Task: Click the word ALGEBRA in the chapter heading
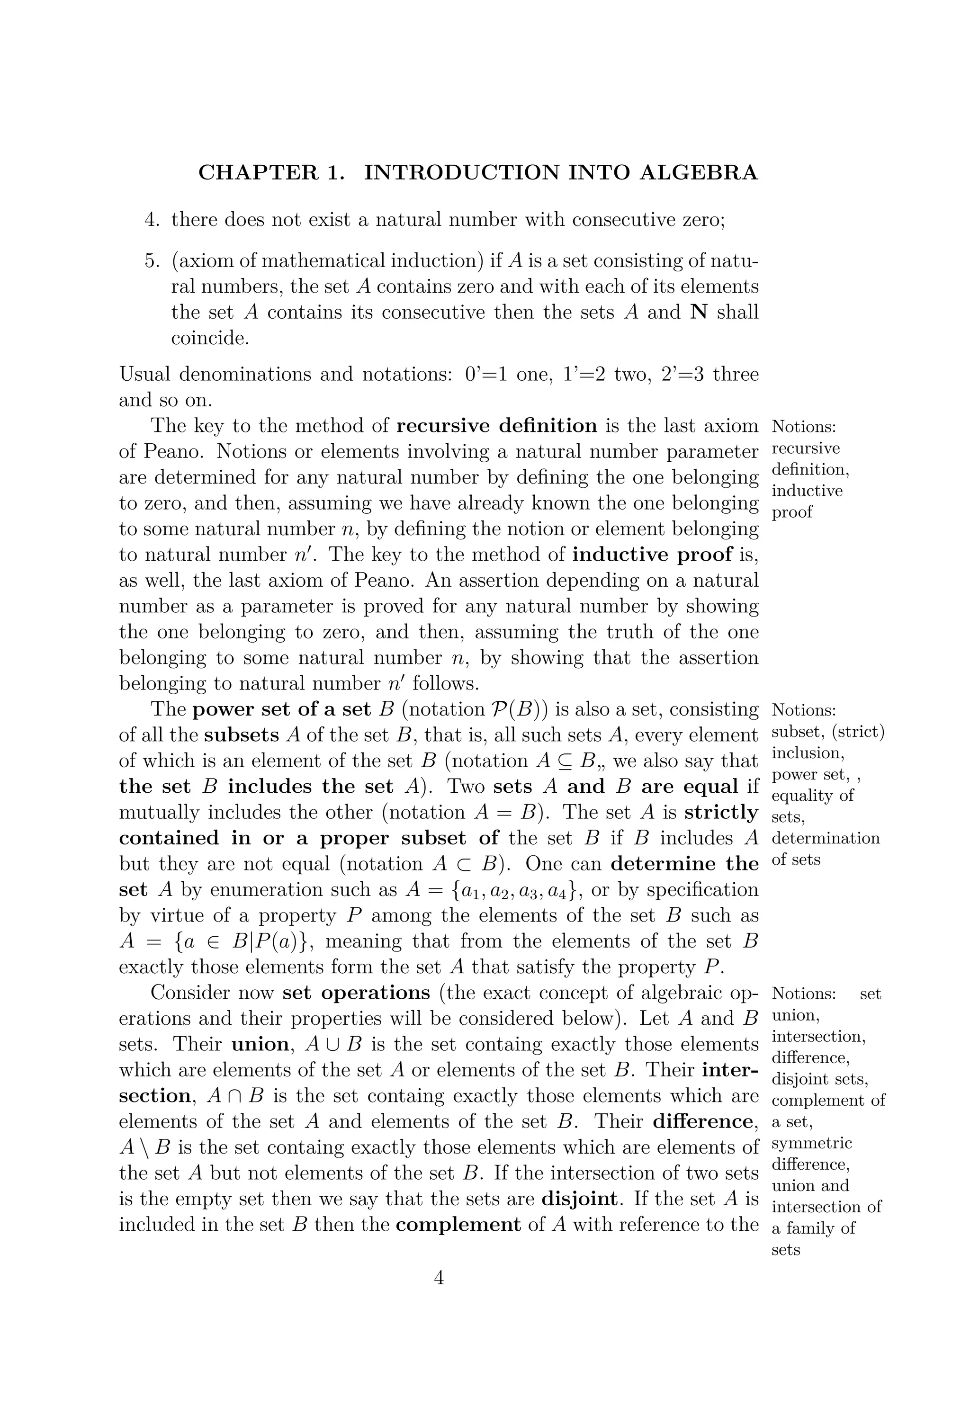click(698, 173)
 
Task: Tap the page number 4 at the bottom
click(439, 1278)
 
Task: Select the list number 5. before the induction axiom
click(153, 261)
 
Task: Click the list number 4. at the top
click(153, 219)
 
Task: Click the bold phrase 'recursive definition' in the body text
click(496, 425)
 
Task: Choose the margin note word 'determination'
click(826, 838)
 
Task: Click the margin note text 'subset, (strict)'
click(828, 732)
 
